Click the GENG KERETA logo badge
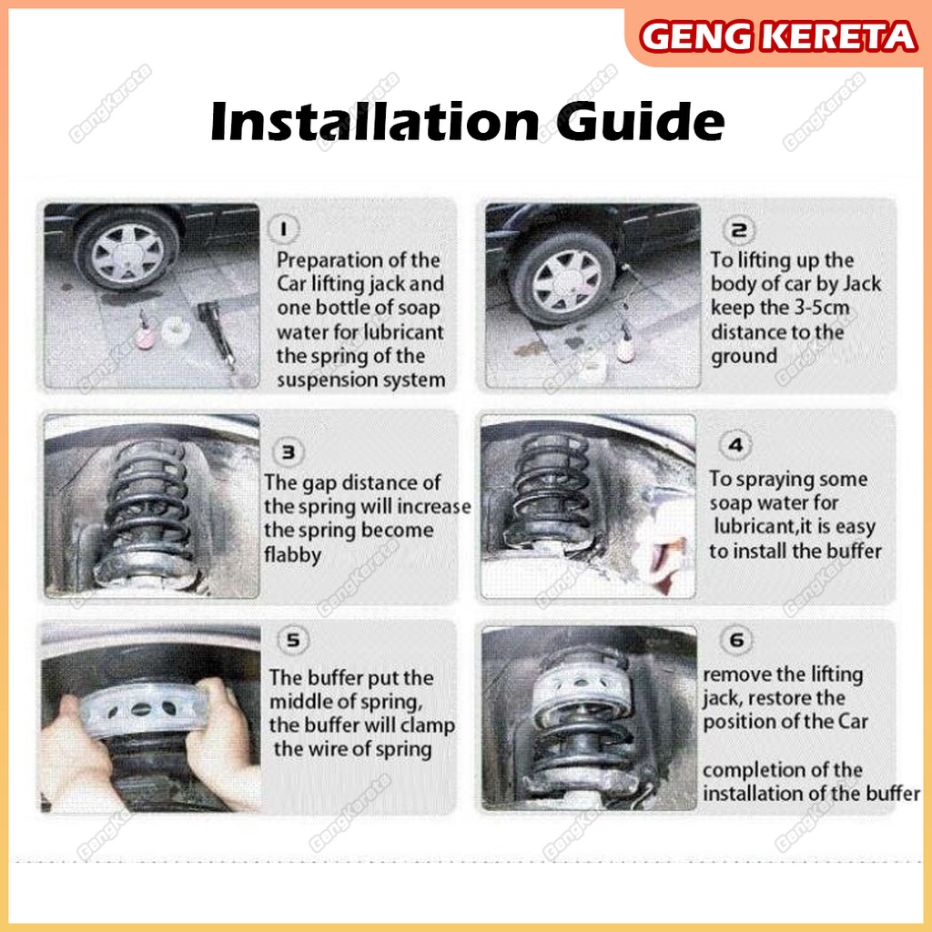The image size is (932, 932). [x=778, y=36]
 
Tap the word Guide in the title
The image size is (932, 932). [x=640, y=122]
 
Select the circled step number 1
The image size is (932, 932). [x=284, y=229]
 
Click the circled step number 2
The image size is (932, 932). [x=739, y=229]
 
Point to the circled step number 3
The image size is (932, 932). [x=289, y=452]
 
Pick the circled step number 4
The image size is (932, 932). [x=735, y=445]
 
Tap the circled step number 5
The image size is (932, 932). [x=293, y=640]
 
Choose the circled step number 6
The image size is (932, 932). [x=736, y=640]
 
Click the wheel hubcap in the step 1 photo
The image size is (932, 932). [x=127, y=251]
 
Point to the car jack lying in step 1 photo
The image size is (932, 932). [x=218, y=334]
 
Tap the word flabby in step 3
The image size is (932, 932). [x=293, y=554]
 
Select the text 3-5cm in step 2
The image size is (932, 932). [x=822, y=308]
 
